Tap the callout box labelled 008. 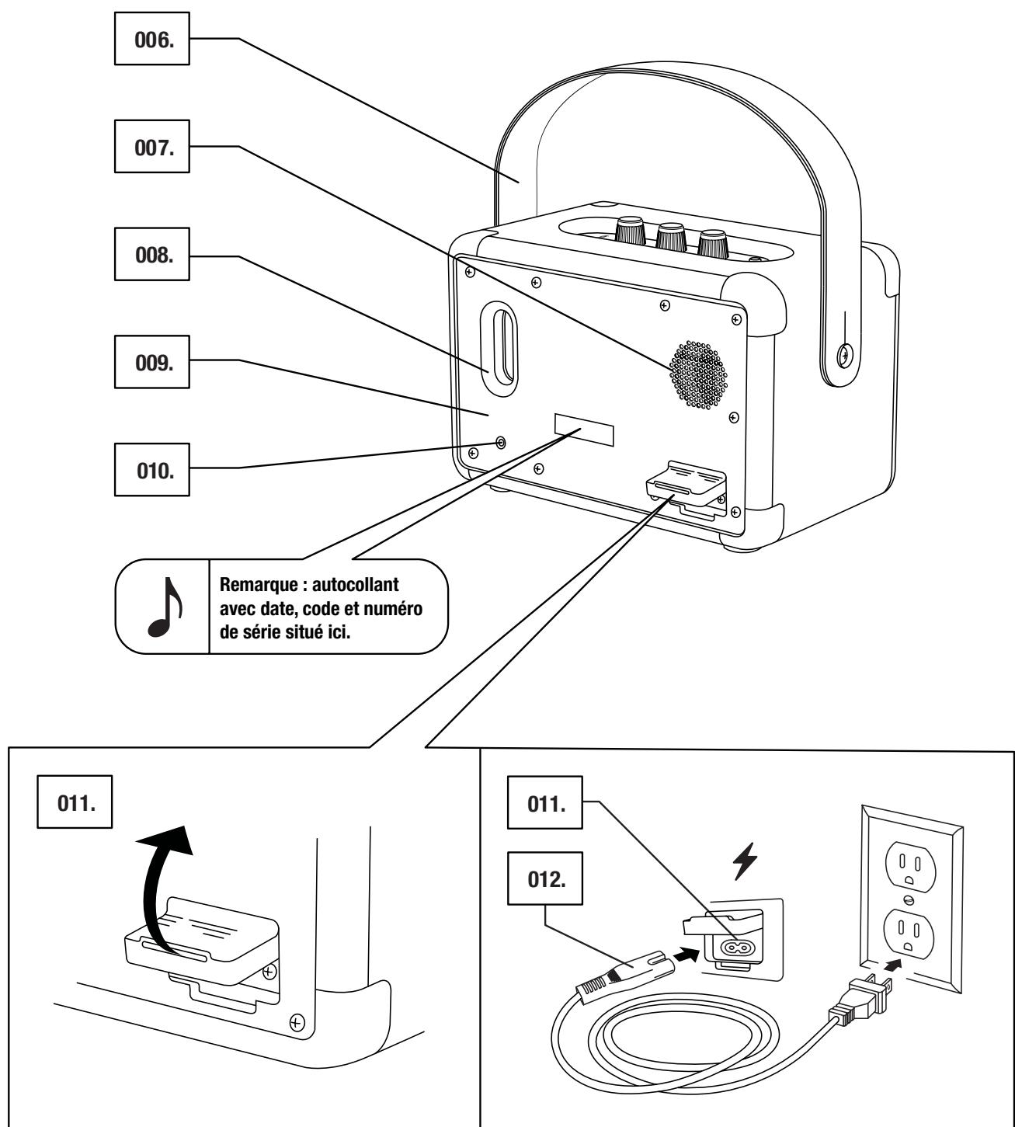152,255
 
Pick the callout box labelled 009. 152,361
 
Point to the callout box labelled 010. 152,469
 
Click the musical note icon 162,607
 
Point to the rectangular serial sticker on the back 584,430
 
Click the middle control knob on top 670,234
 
